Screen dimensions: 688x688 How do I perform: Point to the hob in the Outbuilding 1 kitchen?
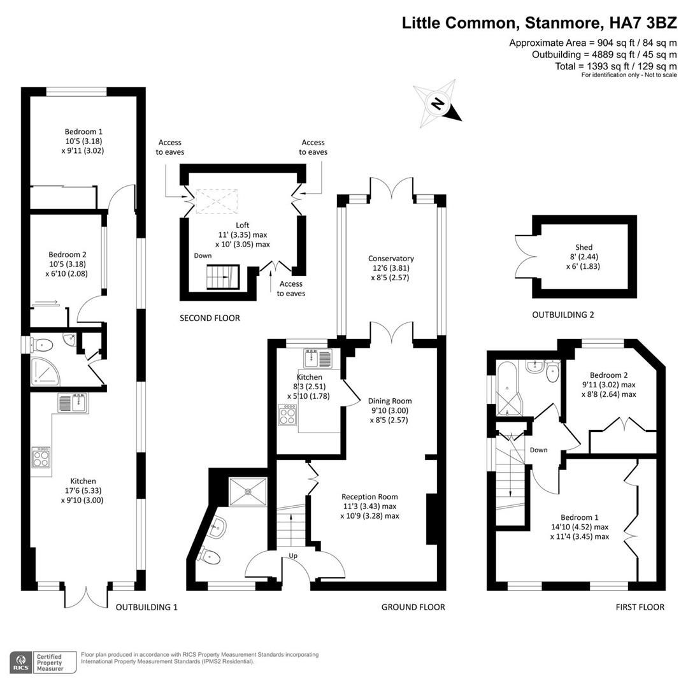[x=41, y=457]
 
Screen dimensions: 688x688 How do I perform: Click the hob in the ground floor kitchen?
[x=287, y=415]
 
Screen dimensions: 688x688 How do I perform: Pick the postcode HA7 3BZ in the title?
[x=643, y=24]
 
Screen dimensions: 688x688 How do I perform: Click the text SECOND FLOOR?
[x=210, y=318]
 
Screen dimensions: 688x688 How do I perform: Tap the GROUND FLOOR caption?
[x=413, y=607]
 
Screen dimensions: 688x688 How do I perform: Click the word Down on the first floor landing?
[x=538, y=450]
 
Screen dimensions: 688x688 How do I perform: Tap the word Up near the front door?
[x=293, y=555]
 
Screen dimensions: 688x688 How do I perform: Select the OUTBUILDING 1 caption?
[x=147, y=607]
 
